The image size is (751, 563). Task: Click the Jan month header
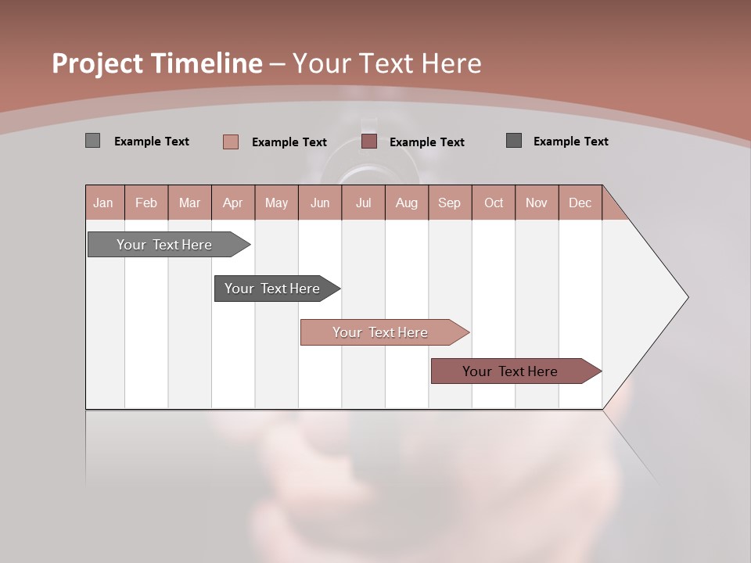(x=103, y=203)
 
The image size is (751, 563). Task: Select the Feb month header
(x=146, y=203)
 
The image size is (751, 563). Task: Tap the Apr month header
(x=232, y=203)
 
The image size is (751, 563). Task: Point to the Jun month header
(x=320, y=203)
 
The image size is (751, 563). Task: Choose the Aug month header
(x=407, y=203)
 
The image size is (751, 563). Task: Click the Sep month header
(x=450, y=203)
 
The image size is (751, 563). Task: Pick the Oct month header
(x=494, y=203)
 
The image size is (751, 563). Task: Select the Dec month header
(x=580, y=203)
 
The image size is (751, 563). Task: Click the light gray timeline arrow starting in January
(x=164, y=245)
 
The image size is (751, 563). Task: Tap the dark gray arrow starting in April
(x=272, y=289)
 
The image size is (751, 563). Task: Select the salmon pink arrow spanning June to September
(x=380, y=332)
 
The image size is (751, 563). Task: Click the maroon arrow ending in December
(x=510, y=371)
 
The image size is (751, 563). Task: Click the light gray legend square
(x=92, y=141)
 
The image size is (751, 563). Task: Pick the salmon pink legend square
(x=230, y=142)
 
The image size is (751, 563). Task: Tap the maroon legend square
(x=369, y=142)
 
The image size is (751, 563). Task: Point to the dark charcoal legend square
(x=514, y=141)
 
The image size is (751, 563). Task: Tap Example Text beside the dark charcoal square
(x=570, y=142)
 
